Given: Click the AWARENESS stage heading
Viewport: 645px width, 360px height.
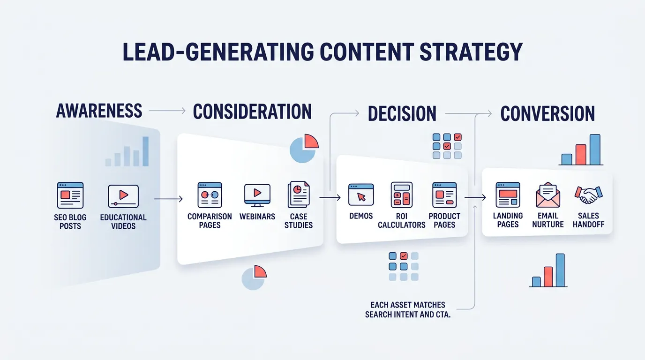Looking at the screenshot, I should pyautogui.click(x=99, y=111).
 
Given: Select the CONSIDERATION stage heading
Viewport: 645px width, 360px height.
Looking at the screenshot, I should pyautogui.click(x=252, y=112).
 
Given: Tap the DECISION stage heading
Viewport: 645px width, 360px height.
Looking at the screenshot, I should pyautogui.click(x=402, y=113).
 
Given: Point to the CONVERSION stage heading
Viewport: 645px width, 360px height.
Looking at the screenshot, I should pyautogui.click(x=547, y=114).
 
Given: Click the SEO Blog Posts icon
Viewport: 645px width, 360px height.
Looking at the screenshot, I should pyautogui.click(x=70, y=195).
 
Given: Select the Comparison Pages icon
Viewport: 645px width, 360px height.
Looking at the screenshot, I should pyautogui.click(x=210, y=195).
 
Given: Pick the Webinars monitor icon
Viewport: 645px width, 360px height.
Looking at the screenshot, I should pyautogui.click(x=257, y=195).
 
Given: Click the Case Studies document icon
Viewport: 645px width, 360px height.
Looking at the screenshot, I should pyautogui.click(x=299, y=195).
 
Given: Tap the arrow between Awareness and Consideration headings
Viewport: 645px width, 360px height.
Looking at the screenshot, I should pyautogui.click(x=167, y=111).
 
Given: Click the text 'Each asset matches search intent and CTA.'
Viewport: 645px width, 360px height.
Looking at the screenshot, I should pyautogui.click(x=407, y=310).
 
